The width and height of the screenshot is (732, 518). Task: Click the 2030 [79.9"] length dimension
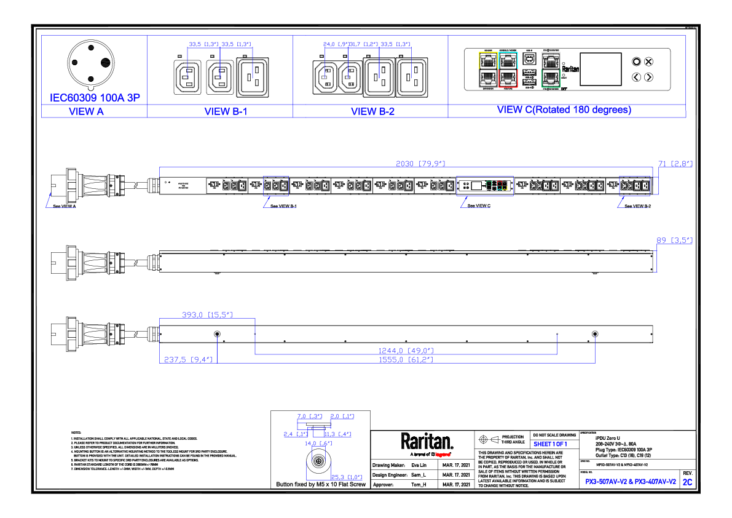click(x=420, y=164)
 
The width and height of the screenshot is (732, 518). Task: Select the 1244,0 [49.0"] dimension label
click(x=406, y=351)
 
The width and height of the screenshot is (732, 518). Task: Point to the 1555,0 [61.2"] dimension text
click(x=406, y=359)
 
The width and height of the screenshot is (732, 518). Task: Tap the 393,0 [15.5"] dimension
click(x=207, y=314)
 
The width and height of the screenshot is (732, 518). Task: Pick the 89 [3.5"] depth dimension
click(x=674, y=240)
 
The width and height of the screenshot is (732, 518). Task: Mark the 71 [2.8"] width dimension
click(x=675, y=164)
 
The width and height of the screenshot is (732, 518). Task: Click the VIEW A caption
click(x=87, y=111)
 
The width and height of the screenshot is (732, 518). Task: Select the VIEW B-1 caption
click(x=220, y=111)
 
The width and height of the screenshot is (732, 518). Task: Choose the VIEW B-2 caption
click(x=371, y=111)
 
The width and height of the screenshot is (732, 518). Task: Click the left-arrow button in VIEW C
click(x=637, y=77)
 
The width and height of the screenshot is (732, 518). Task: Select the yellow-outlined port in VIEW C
click(x=487, y=61)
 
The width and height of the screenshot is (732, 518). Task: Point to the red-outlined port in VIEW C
click(x=508, y=78)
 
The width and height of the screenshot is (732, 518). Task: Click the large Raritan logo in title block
click(x=427, y=440)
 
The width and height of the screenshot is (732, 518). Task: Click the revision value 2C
click(x=687, y=482)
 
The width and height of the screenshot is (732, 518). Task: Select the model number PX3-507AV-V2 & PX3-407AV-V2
click(x=630, y=482)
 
